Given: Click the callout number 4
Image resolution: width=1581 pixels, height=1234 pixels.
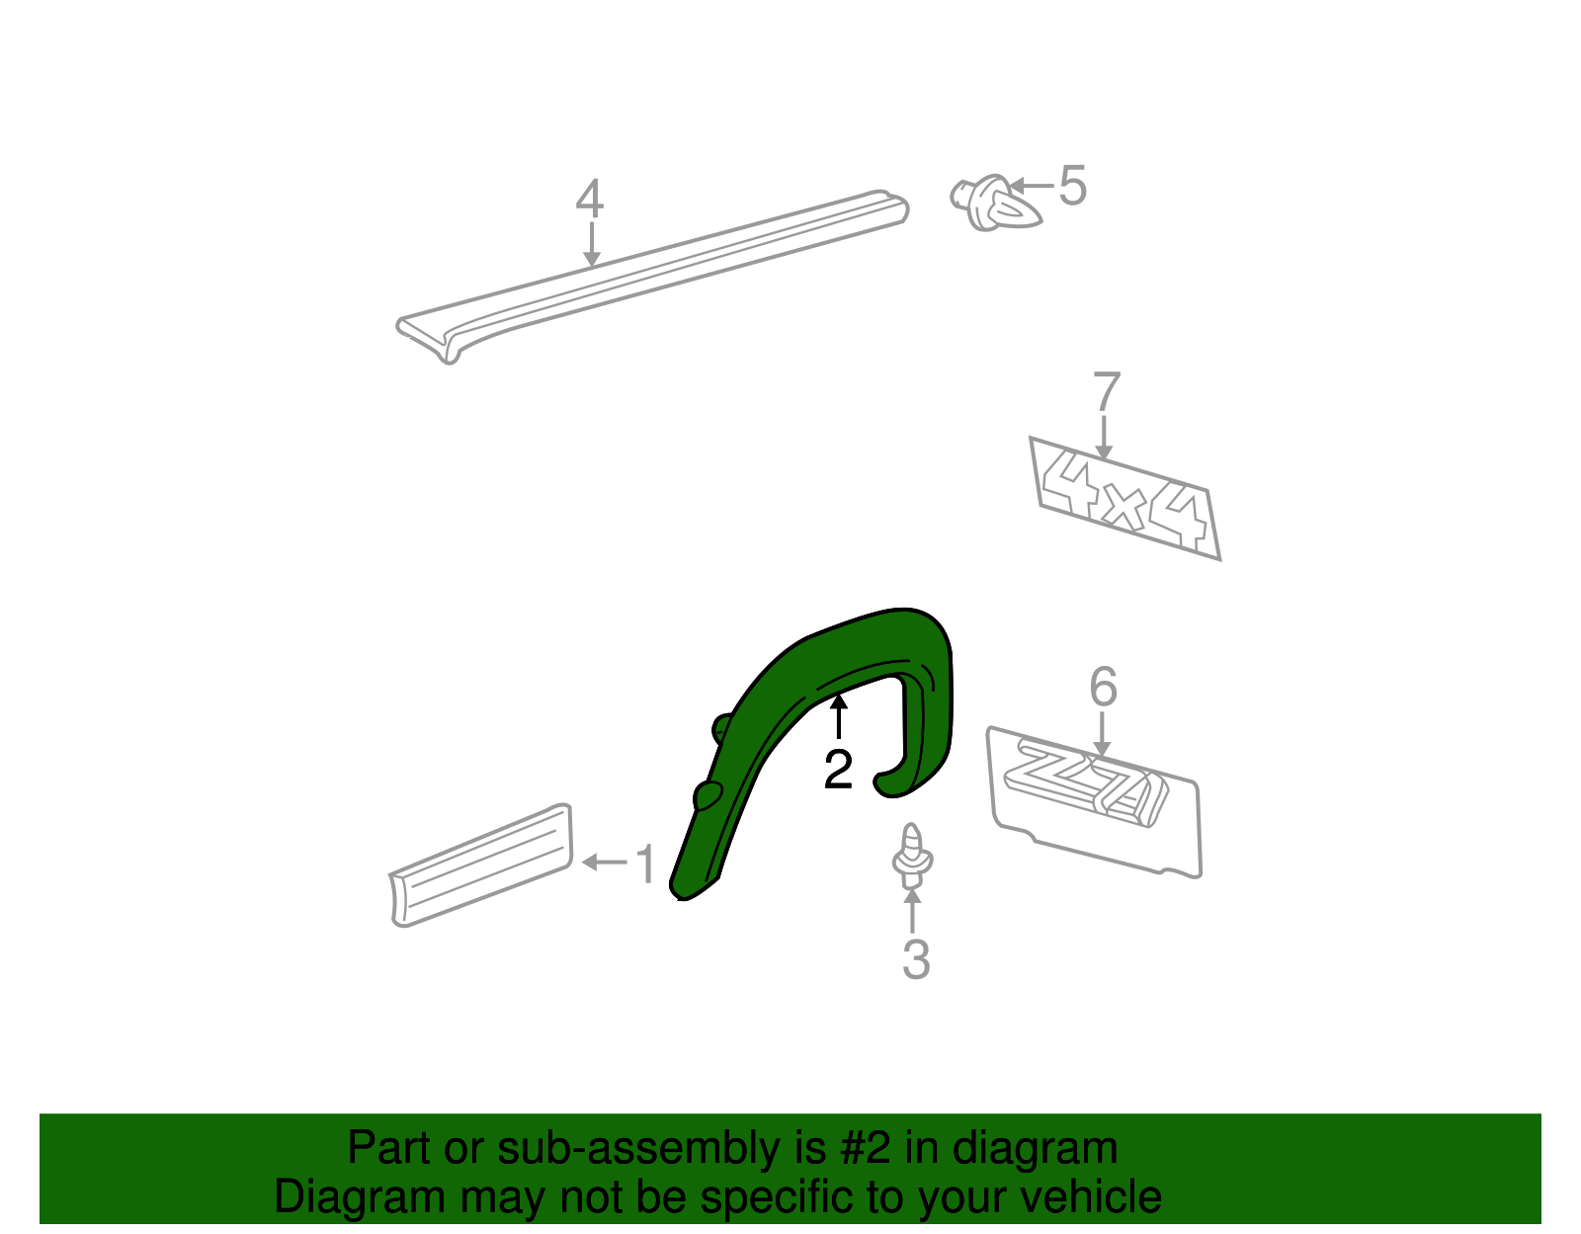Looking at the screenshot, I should pyautogui.click(x=589, y=200).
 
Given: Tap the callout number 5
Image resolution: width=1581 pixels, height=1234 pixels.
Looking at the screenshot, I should pyautogui.click(x=1072, y=186).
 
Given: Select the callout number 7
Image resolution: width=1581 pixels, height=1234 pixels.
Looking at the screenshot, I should pyautogui.click(x=1107, y=393).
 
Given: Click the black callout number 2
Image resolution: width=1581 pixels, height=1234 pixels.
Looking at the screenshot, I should pyautogui.click(x=838, y=770).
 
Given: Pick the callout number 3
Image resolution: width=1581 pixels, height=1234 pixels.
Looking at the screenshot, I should pyautogui.click(x=915, y=959).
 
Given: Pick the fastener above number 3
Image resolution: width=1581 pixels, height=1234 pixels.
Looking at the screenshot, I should pyautogui.click(x=912, y=856).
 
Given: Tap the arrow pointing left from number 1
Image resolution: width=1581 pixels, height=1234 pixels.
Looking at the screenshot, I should pyautogui.click(x=605, y=863).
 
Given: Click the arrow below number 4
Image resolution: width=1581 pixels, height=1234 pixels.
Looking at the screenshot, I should pyautogui.click(x=591, y=244).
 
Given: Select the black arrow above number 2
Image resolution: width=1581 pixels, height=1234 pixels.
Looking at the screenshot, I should pyautogui.click(x=838, y=716).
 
